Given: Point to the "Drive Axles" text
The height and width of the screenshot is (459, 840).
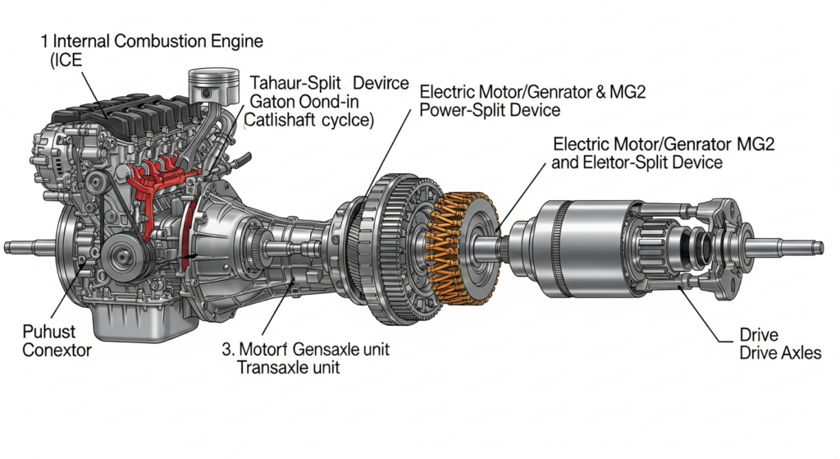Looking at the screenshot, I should (779, 353).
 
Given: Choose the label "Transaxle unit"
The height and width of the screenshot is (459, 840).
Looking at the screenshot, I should (288, 368).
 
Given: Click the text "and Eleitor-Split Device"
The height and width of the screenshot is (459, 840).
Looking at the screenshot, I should (637, 163).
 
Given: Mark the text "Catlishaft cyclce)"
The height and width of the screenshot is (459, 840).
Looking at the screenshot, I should (309, 121).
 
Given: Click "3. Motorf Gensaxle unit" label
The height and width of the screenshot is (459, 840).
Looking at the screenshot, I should (305, 349).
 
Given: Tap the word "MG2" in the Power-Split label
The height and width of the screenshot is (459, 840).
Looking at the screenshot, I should (627, 91).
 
